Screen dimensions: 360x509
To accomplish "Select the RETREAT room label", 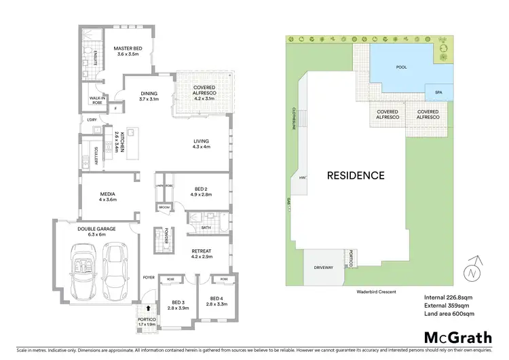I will (x=202, y=253).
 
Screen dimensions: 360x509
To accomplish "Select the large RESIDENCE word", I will (x=356, y=175).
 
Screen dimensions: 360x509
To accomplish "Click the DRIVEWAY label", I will (x=324, y=268).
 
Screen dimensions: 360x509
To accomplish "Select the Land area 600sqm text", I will (x=449, y=313).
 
